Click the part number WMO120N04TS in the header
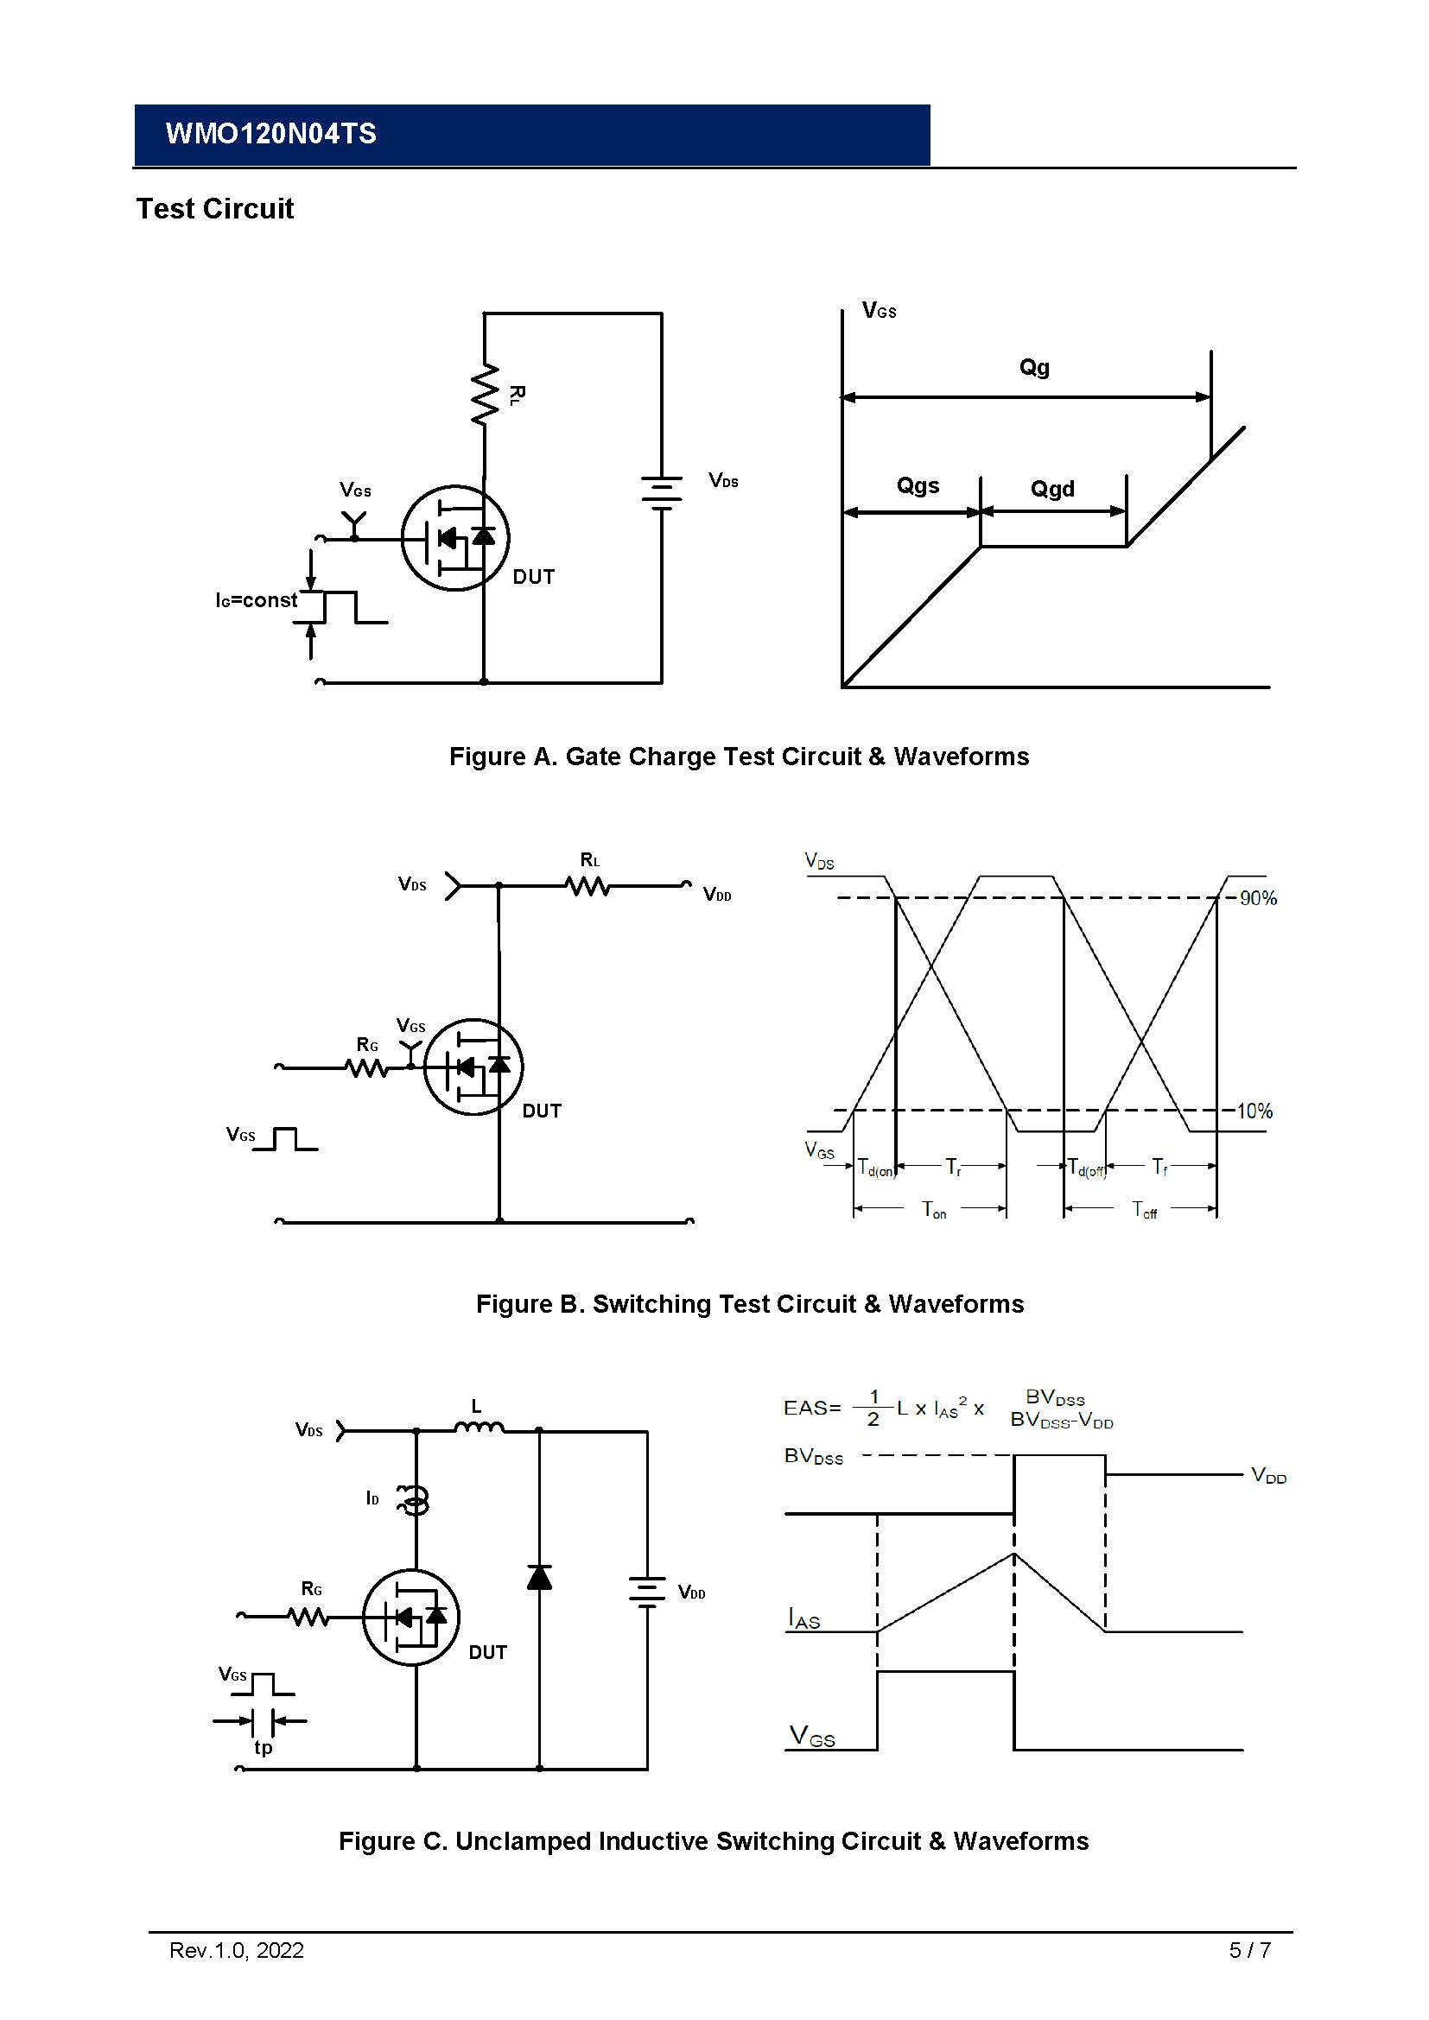(x=270, y=134)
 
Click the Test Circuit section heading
(x=215, y=209)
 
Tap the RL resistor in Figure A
(x=485, y=395)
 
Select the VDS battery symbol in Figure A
(x=662, y=492)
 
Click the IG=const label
(x=256, y=600)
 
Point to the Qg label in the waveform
(x=1034, y=367)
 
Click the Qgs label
(x=917, y=485)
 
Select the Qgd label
(x=1052, y=489)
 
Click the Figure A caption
(x=738, y=757)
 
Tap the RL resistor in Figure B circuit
(x=587, y=886)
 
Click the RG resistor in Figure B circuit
(x=367, y=1068)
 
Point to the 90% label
(x=1257, y=898)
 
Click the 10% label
(x=1254, y=1111)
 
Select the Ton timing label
(x=933, y=1210)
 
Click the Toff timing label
(x=1144, y=1210)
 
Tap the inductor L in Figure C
(x=479, y=1428)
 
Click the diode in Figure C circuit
(x=539, y=1578)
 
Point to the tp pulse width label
(x=264, y=1747)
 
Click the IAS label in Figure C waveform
(x=803, y=1618)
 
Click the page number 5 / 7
(x=1248, y=1951)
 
